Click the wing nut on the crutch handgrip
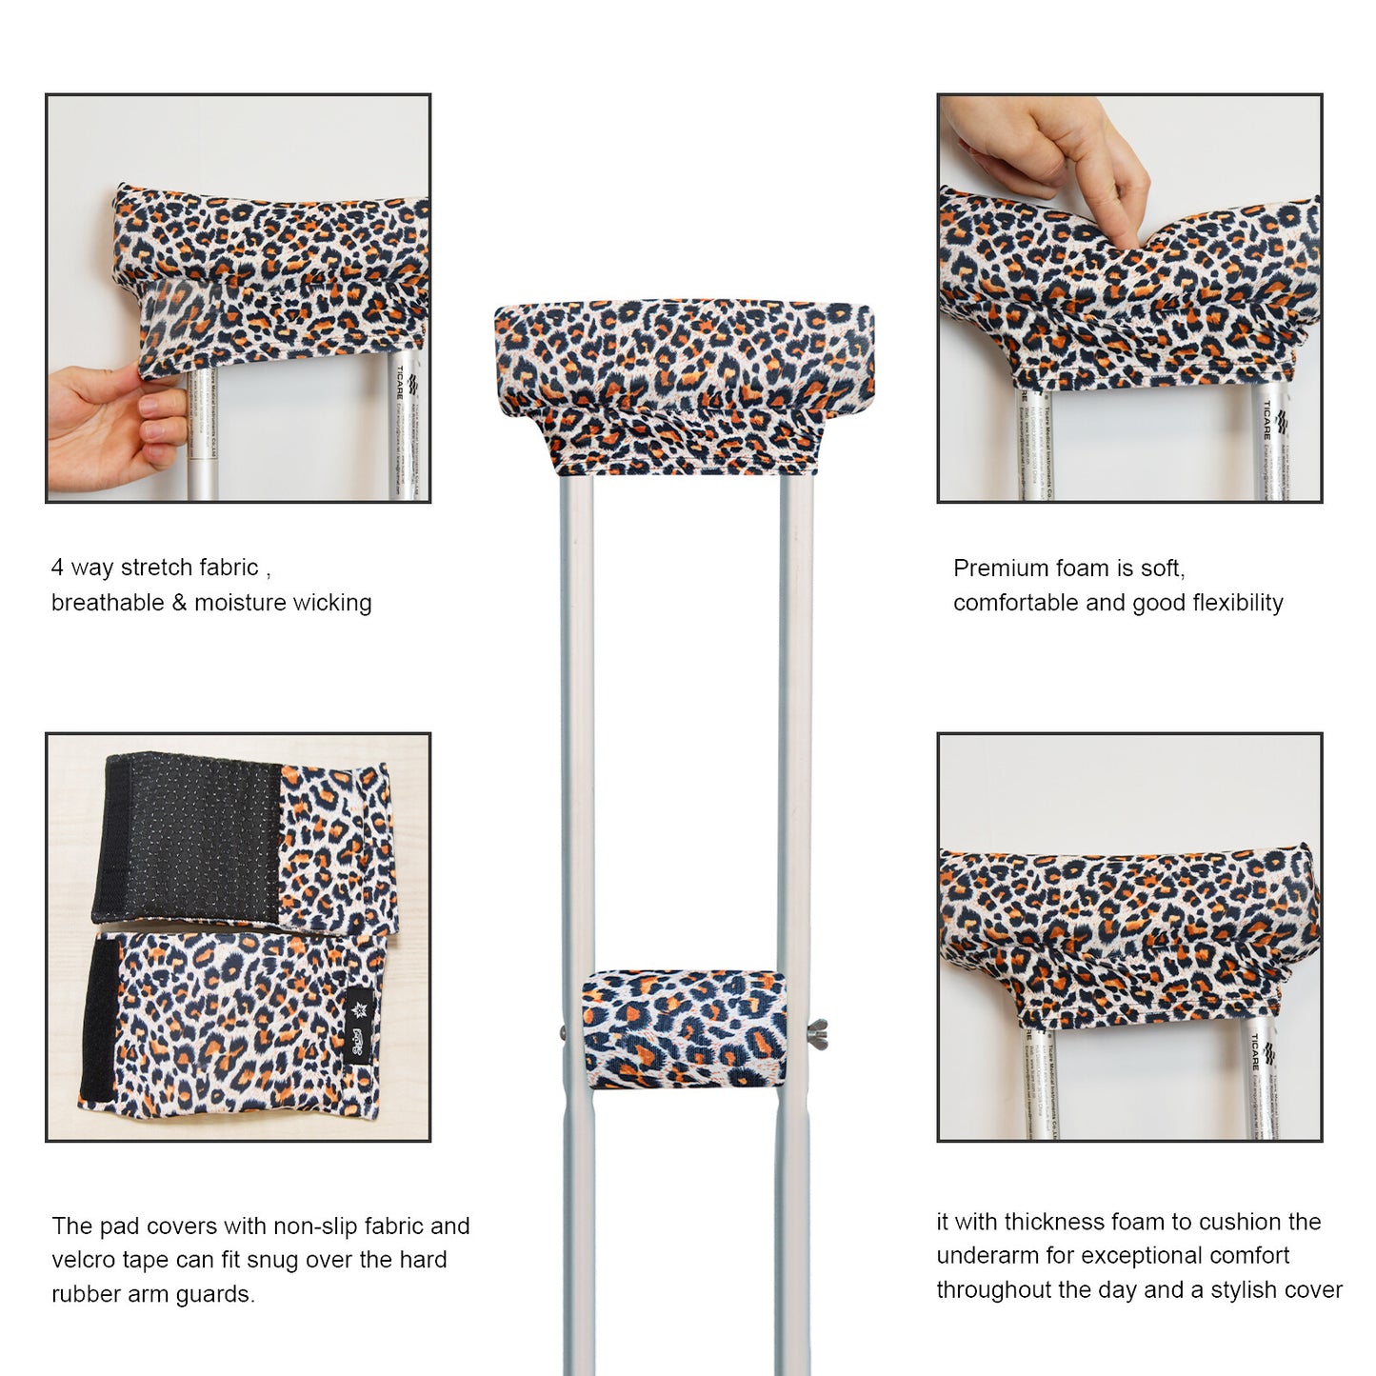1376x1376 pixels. tap(817, 1031)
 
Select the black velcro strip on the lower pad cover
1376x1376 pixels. tap(101, 1019)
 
